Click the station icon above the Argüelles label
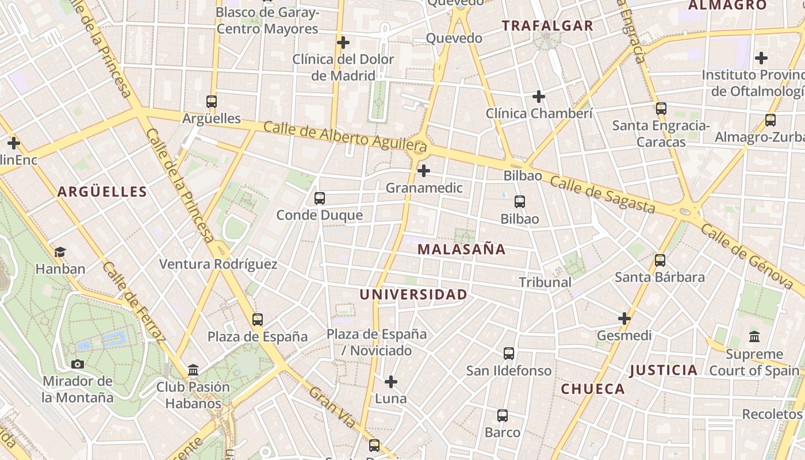click(x=212, y=102)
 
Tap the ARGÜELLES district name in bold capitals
click(x=102, y=192)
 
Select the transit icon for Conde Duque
click(x=320, y=198)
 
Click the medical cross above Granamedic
click(x=424, y=171)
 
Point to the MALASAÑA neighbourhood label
click(x=462, y=250)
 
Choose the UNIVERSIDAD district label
click(x=413, y=295)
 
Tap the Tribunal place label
click(x=545, y=282)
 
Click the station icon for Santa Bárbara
click(x=660, y=260)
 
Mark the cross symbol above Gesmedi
click(x=624, y=319)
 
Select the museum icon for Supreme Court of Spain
click(x=754, y=337)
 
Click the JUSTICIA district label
click(x=664, y=370)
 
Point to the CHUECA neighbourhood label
click(x=593, y=389)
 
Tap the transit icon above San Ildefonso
click(x=509, y=354)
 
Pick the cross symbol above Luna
click(x=391, y=382)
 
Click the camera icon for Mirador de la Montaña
click(x=78, y=364)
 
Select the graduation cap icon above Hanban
click(x=60, y=252)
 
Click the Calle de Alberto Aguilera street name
click(x=345, y=137)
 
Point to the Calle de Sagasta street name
click(x=603, y=195)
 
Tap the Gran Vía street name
click(x=332, y=408)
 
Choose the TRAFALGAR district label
click(x=547, y=26)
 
